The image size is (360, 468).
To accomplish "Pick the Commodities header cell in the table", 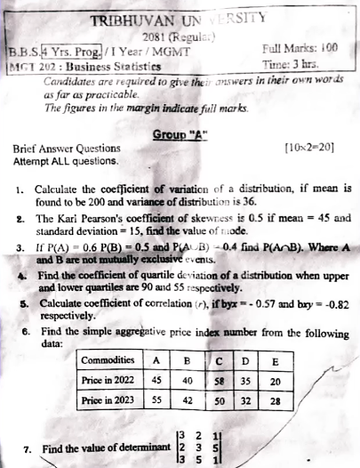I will [109, 360].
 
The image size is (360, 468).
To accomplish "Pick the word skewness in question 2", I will [194, 216].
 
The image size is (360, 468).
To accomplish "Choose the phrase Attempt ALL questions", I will [66, 161].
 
